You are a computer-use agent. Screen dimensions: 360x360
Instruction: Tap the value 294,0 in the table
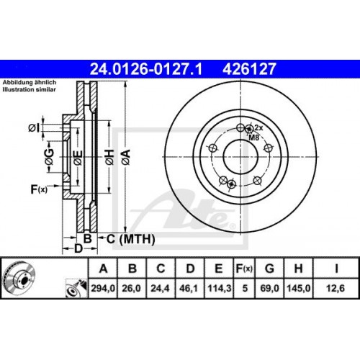click(102, 290)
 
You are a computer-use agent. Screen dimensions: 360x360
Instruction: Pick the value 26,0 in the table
click(132, 290)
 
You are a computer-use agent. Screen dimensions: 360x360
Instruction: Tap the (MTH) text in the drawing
click(126, 238)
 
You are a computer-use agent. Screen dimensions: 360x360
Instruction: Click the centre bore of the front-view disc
click(239, 153)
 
